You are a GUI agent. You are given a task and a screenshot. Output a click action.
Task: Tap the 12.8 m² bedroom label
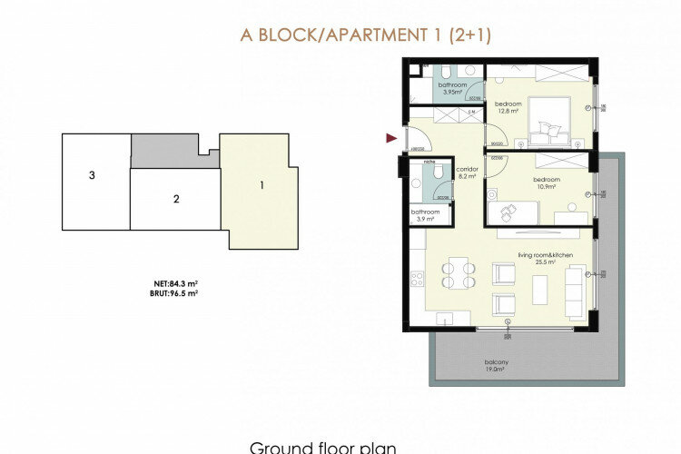(x=507, y=107)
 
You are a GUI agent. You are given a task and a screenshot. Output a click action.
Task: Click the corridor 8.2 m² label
(x=468, y=173)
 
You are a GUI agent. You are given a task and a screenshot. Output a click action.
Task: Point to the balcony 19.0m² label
(x=497, y=365)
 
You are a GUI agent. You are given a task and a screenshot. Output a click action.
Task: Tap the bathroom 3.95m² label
(x=451, y=87)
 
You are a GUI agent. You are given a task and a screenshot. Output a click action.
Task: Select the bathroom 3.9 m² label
(x=425, y=216)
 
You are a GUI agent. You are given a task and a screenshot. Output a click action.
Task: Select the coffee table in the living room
(x=540, y=289)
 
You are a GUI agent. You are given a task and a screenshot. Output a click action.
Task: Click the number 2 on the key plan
(x=177, y=197)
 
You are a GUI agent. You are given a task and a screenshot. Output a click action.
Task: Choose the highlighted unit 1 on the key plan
(x=262, y=186)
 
